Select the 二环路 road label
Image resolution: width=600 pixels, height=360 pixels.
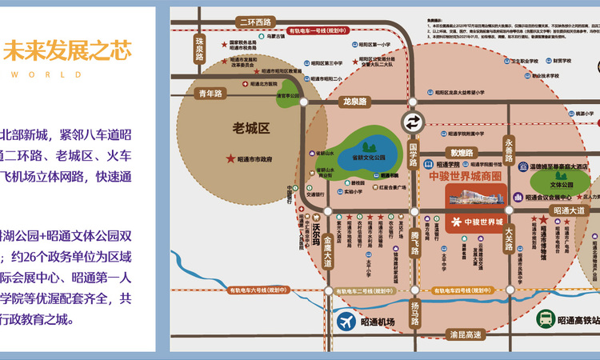click(x=250, y=22)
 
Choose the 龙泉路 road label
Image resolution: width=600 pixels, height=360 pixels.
click(x=354, y=102)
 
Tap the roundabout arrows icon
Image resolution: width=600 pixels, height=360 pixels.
click(x=413, y=122)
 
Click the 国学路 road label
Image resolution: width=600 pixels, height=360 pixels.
click(x=414, y=153)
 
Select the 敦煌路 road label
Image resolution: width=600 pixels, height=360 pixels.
click(x=462, y=153)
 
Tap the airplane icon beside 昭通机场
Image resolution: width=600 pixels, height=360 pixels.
click(x=346, y=322)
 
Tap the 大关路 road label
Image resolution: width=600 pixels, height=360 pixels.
click(x=509, y=240)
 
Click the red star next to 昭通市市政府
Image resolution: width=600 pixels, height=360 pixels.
click(x=231, y=159)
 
